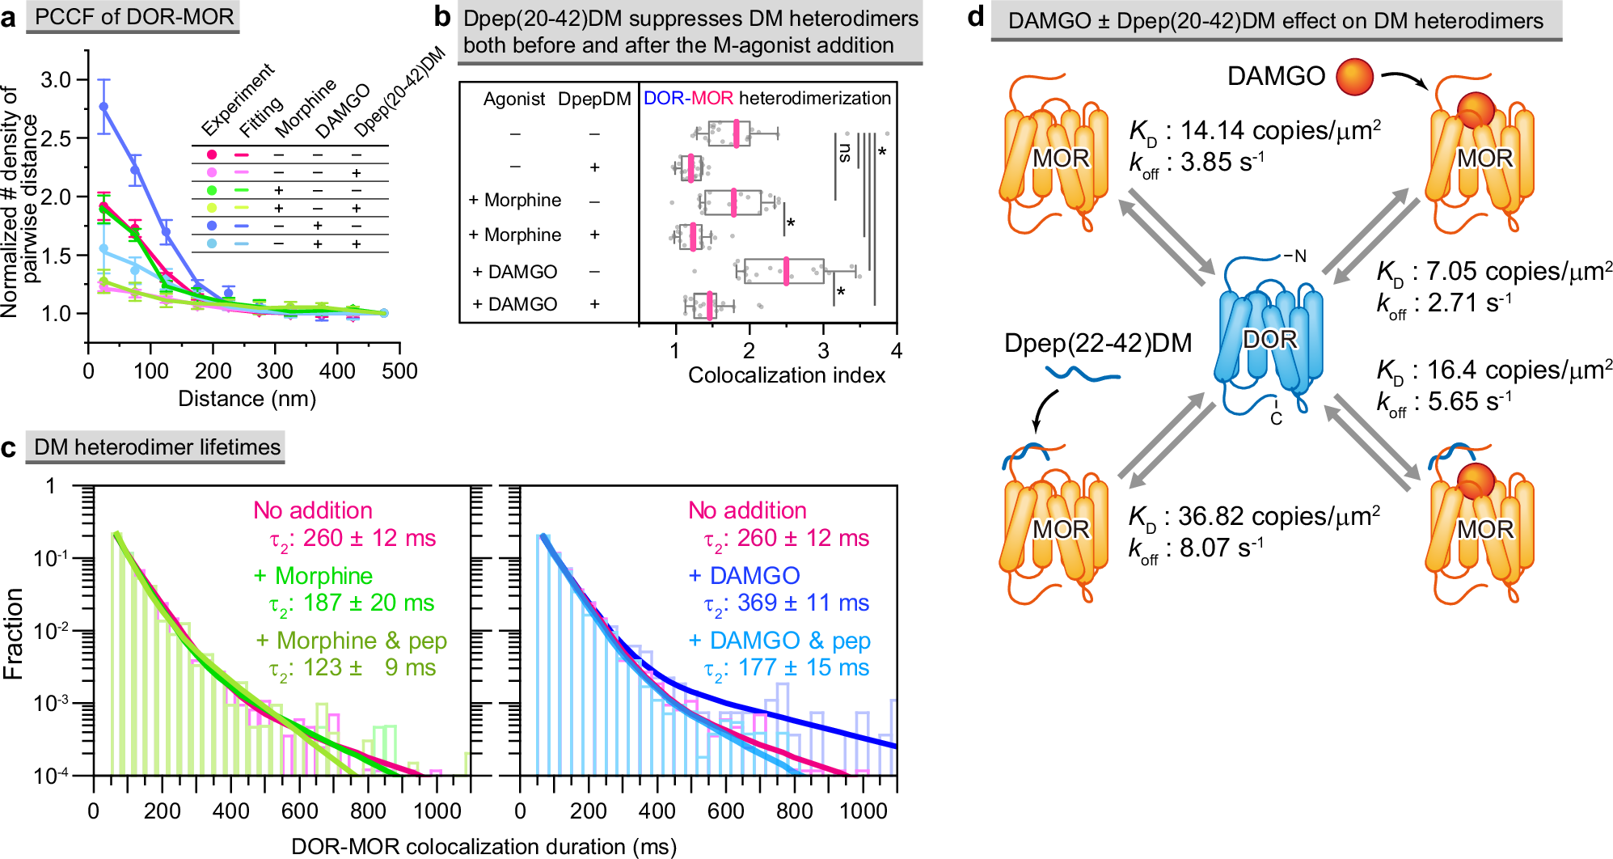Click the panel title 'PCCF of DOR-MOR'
pyautogui.click(x=133, y=17)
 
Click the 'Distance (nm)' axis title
pyautogui.click(x=247, y=399)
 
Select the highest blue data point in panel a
pyautogui.click(x=103, y=106)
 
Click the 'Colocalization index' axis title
pyautogui.click(x=786, y=375)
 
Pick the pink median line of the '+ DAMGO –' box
pyautogui.click(x=786, y=272)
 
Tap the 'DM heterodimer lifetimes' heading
pyautogui.click(x=158, y=447)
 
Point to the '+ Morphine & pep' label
pyautogui.click(x=352, y=641)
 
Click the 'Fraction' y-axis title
pyautogui.click(x=14, y=633)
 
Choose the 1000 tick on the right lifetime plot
pyautogui.click(x=863, y=811)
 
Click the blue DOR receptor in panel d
pyautogui.click(x=1269, y=340)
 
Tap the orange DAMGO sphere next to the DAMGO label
pyautogui.click(x=1355, y=77)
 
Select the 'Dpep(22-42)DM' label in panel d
pyautogui.click(x=1097, y=344)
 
